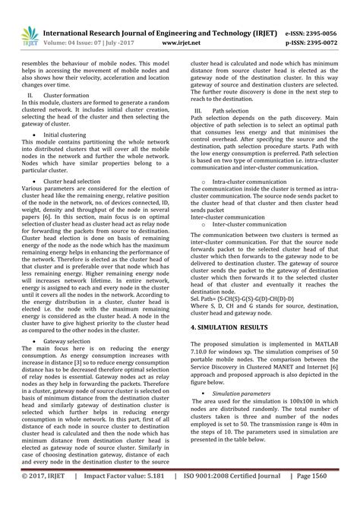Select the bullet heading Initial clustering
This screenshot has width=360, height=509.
[x=68, y=134]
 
